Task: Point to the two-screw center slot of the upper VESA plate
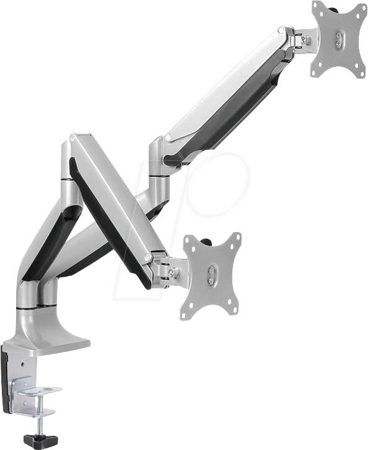(338, 40)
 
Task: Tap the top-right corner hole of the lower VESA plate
(236, 238)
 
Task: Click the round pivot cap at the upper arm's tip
(282, 30)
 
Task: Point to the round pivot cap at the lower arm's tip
(147, 255)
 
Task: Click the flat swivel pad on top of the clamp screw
(38, 391)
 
